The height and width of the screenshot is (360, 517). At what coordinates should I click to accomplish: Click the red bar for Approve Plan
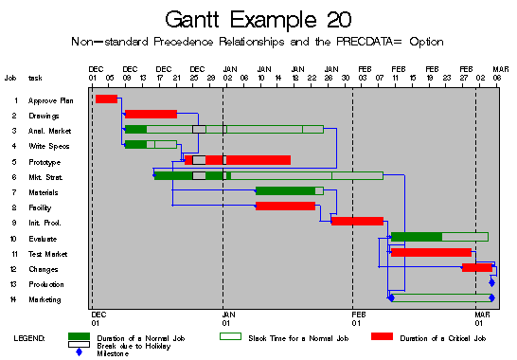pos(106,99)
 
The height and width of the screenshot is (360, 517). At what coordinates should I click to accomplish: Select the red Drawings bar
pos(151,115)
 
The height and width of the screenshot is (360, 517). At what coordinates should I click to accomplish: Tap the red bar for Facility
pos(285,206)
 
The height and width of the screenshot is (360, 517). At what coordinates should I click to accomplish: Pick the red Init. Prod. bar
pos(357,222)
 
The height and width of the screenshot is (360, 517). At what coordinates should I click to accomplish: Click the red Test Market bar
pos(431,252)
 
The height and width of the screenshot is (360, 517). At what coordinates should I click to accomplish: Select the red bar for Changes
pos(476,268)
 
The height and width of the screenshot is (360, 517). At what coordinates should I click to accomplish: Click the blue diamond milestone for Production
pos(491,282)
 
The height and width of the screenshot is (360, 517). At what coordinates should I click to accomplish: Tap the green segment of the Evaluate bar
pos(417,237)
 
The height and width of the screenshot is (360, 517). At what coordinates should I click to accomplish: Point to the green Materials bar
pos(285,190)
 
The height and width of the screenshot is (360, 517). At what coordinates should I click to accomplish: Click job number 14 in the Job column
pos(13,299)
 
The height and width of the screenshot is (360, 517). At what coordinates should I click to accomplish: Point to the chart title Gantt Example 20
pos(258,20)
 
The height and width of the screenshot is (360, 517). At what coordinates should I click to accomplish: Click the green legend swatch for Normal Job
pos(85,337)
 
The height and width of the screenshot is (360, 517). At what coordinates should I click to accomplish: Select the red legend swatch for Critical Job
pos(382,337)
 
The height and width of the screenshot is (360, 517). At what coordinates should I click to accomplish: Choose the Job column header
pos(10,78)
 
